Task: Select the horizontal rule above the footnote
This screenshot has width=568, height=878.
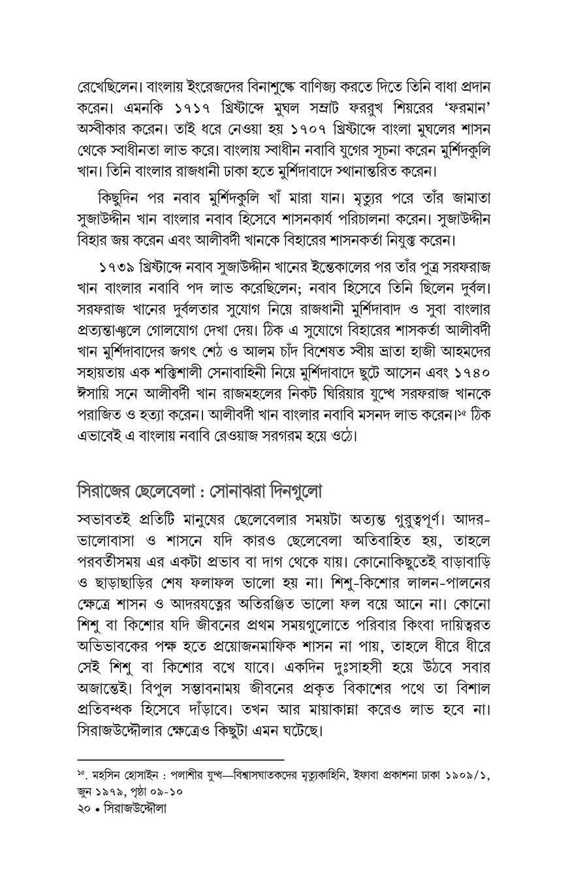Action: pos(181,760)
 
